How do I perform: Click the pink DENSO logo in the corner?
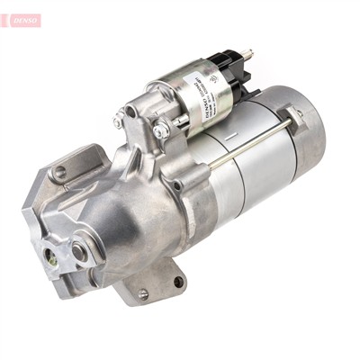tap(22, 19)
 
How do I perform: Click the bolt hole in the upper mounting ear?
tap(60, 171)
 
